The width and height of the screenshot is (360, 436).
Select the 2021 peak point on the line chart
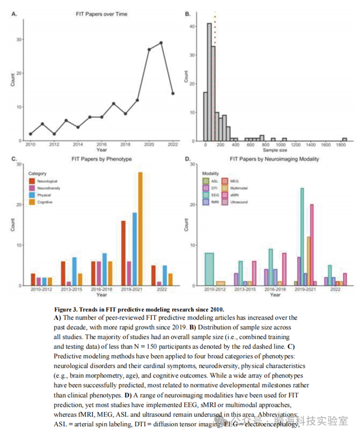pos(161,43)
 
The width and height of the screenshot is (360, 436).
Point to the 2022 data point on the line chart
pos(172,93)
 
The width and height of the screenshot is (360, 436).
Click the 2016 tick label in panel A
pos(102,145)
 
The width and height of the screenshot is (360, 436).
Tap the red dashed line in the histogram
pos(215,73)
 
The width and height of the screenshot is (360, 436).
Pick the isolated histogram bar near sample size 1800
pos(344,139)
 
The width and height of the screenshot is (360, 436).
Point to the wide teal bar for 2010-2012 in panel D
pos(210,269)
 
